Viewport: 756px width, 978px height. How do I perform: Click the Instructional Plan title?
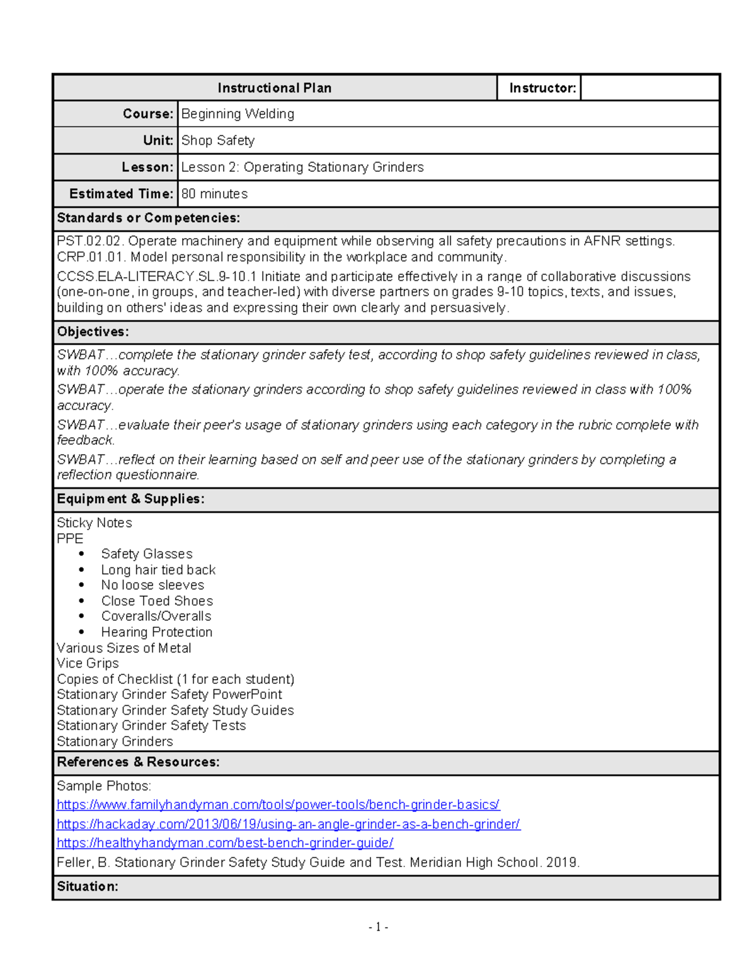(274, 88)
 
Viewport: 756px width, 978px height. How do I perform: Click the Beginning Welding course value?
(238, 114)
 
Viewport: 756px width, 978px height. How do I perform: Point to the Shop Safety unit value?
(218, 140)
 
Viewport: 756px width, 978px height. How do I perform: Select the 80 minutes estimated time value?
(214, 194)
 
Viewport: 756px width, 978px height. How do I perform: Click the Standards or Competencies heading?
(148, 218)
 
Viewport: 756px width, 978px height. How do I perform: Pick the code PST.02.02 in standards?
(90, 241)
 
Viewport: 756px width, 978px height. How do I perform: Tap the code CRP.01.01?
(91, 257)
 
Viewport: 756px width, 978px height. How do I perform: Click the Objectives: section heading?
(93, 332)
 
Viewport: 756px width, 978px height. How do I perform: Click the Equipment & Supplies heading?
(130, 499)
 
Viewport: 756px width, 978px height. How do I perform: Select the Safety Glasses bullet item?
(147, 554)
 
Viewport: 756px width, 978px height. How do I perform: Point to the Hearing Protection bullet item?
(156, 632)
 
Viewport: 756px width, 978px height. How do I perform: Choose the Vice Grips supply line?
(88, 663)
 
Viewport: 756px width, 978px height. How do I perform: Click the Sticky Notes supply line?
(94, 523)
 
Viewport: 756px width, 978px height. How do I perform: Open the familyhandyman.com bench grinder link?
(278, 805)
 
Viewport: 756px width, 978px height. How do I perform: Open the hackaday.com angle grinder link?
(288, 824)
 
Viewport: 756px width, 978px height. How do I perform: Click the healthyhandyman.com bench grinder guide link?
(225, 843)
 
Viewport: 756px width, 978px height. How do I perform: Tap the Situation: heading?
(88, 887)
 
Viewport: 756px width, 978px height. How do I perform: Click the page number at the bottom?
(378, 927)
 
